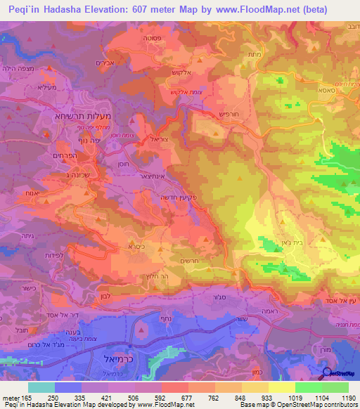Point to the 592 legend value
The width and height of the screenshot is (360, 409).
click(x=146, y=398)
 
